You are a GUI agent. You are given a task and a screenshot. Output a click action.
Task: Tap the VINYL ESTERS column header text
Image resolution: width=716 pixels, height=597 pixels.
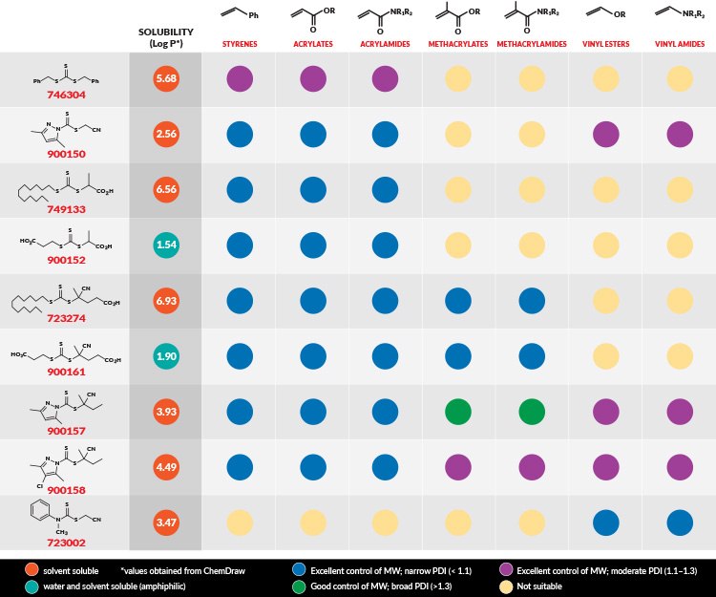pos(605,44)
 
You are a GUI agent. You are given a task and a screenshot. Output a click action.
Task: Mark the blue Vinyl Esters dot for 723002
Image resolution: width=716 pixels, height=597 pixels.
pos(605,524)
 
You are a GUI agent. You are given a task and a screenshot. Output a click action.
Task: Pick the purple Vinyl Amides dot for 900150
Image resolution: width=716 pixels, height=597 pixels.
pos(679,135)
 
